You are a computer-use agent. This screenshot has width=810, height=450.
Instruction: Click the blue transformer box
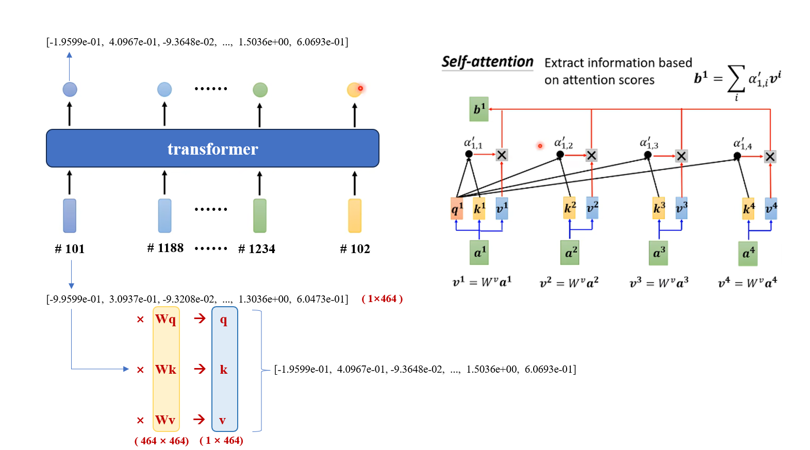pos(212,148)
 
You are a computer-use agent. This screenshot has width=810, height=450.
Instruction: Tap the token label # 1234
pos(256,249)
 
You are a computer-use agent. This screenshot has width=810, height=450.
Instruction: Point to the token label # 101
pos(70,249)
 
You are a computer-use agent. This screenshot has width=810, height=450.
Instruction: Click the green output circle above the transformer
pos(260,90)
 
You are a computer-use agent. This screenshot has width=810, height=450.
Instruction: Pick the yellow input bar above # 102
pos(355,215)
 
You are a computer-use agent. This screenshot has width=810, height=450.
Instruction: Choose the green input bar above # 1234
pos(260,215)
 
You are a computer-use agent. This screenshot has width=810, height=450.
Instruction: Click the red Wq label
pos(166,320)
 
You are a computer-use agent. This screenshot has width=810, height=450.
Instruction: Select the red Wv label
pos(166,420)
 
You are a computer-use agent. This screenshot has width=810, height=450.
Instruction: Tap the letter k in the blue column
pos(224,370)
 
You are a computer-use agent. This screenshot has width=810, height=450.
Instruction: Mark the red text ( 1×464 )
pos(382,299)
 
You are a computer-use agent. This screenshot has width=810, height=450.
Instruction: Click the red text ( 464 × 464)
pos(161,441)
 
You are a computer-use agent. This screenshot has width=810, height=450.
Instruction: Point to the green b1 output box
pos(479,109)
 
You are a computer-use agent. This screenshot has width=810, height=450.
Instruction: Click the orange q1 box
pos(457,209)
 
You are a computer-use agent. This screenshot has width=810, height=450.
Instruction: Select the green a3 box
pos(658,253)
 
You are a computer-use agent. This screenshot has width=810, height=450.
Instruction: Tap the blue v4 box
pos(771,209)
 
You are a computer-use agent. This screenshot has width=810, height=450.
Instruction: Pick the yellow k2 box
pos(569,208)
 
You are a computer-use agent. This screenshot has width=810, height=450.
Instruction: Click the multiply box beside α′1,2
pos(591,155)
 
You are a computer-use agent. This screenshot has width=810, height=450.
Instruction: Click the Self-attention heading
pos(487,62)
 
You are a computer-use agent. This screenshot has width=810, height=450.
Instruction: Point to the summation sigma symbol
pos(736,79)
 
